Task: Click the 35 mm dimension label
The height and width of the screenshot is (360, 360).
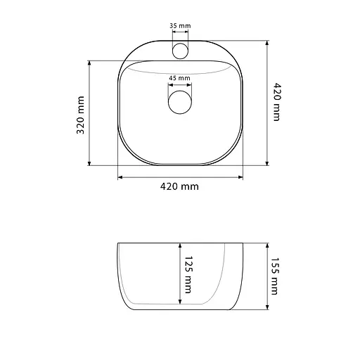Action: tap(180, 26)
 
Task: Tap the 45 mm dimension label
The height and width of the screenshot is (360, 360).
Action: tap(180, 78)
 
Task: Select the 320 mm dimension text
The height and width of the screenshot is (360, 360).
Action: tap(80, 115)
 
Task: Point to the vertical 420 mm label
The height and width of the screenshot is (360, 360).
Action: tap(277, 102)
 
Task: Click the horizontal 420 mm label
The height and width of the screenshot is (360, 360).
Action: tap(179, 187)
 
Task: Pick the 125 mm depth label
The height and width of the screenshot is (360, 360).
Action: tap(188, 274)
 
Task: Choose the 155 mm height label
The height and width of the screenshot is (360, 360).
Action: tap(274, 276)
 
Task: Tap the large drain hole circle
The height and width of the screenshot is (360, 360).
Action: tap(180, 102)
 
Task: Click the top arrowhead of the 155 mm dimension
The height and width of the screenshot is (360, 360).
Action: tap(267, 245)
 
